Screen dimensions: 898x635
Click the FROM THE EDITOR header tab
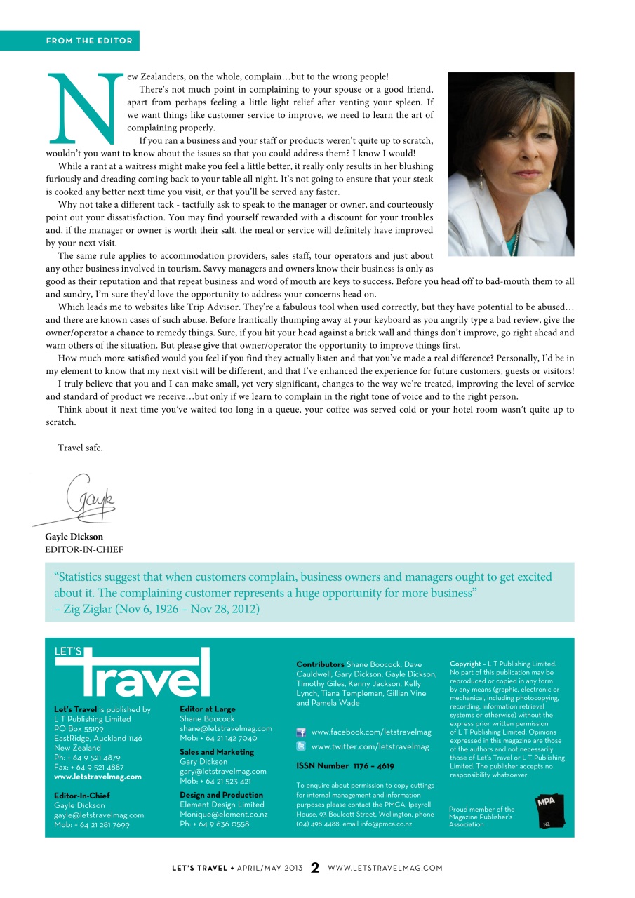(89, 41)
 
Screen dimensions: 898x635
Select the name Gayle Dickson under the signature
(74, 537)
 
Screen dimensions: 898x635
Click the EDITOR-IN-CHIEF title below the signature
(84, 549)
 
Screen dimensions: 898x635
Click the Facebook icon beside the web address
(301, 732)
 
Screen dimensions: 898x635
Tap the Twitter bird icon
(301, 746)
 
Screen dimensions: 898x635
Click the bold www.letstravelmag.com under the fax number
(98, 777)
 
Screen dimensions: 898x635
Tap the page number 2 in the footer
(315, 868)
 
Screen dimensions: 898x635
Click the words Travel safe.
(80, 448)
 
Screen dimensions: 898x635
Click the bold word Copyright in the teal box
(465, 664)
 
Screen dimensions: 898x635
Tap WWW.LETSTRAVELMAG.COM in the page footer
(385, 868)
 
